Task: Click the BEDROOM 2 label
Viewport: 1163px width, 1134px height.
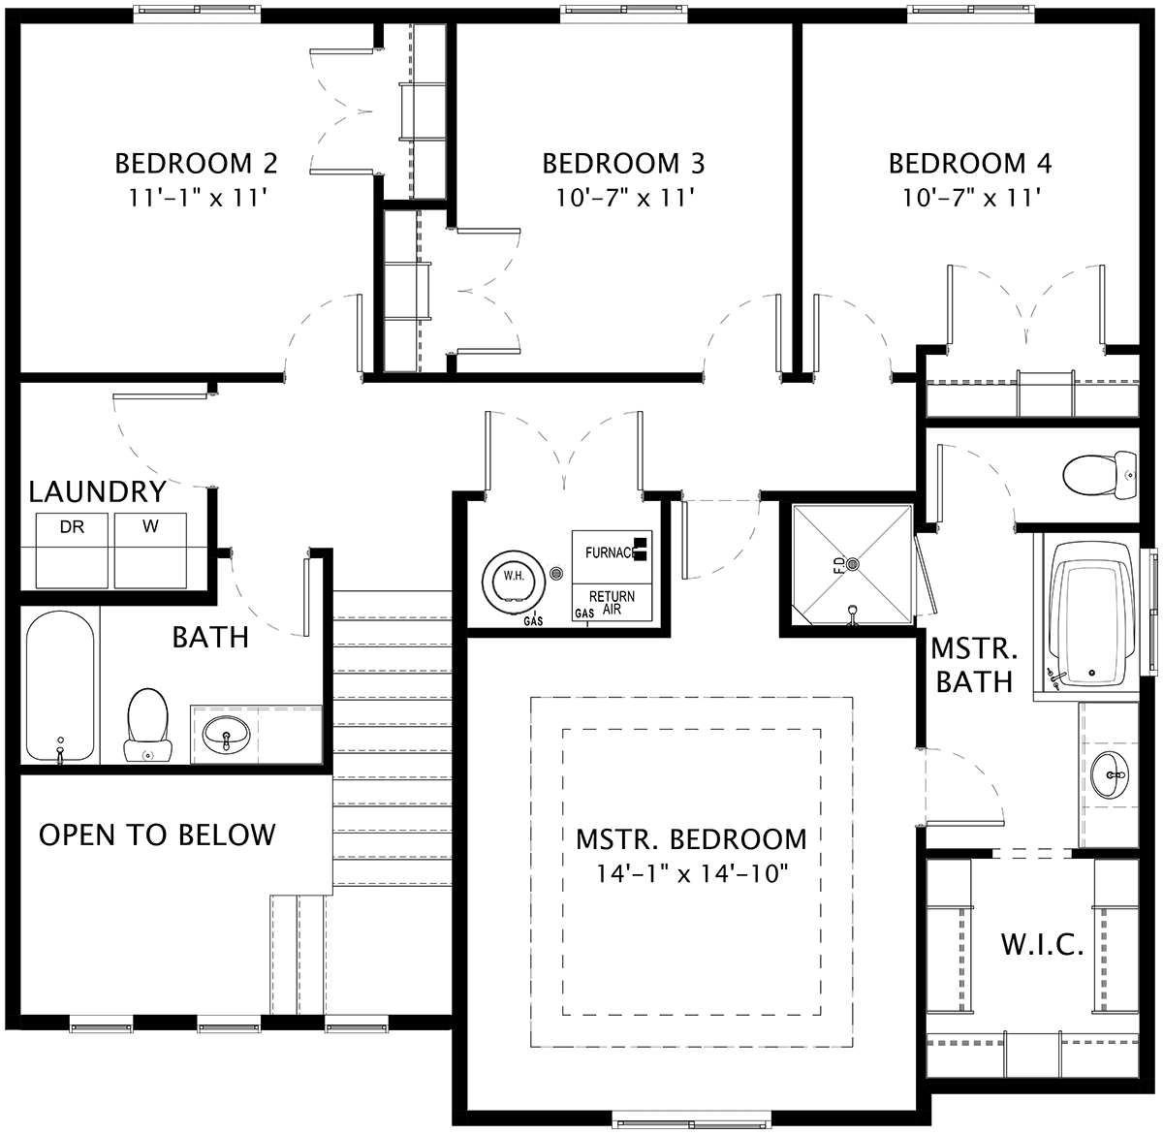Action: tap(196, 164)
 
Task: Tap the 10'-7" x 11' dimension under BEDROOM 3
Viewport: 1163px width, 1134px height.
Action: tap(625, 198)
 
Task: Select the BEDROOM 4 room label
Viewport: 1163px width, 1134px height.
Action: tap(970, 164)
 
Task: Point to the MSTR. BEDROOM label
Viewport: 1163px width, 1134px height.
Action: tap(691, 839)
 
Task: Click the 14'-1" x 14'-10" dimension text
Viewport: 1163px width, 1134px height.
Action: tap(692, 874)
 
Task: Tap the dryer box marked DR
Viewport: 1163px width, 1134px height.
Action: tap(72, 551)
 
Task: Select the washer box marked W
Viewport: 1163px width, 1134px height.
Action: tap(150, 551)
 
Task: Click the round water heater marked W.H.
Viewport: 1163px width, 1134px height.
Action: tap(514, 580)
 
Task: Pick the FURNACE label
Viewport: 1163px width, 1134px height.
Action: tap(610, 552)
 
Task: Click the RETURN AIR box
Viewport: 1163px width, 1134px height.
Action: tap(612, 603)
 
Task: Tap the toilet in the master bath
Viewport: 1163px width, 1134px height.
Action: tap(1100, 475)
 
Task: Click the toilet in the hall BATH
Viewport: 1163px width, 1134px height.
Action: tap(147, 725)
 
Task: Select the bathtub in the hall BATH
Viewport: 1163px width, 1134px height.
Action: tap(60, 687)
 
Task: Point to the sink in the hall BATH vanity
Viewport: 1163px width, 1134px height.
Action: tap(226, 736)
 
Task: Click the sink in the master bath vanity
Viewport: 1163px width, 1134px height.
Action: tap(1110, 774)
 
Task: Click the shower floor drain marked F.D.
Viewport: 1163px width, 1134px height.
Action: tap(853, 563)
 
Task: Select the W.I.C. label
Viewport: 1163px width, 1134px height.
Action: tap(1042, 945)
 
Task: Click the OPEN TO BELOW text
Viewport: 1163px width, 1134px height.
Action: tap(157, 835)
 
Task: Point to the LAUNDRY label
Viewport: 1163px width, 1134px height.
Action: tap(98, 492)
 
